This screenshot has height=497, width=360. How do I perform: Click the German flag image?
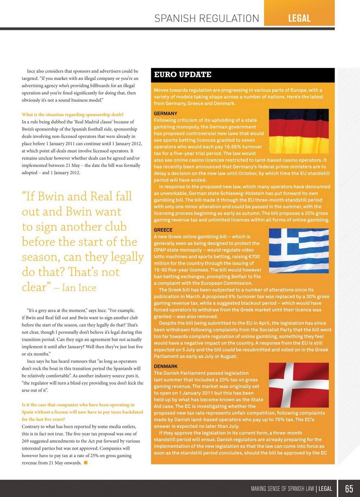(299, 131)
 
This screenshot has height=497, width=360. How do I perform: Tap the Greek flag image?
(299, 250)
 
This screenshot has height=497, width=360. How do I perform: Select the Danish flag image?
(299, 385)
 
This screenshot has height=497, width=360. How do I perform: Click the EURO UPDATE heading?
(183, 75)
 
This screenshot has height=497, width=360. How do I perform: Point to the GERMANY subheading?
(166, 113)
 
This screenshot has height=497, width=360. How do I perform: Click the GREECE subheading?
(163, 230)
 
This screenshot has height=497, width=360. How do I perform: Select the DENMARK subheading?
(166, 366)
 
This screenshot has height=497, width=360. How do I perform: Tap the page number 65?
(349, 488)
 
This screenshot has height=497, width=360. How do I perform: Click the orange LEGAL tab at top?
(299, 18)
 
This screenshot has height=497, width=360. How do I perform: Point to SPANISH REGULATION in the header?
(207, 18)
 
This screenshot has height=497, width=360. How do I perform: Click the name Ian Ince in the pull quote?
(79, 288)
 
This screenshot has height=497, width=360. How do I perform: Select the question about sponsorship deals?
(73, 115)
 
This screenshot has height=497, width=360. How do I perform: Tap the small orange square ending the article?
(86, 463)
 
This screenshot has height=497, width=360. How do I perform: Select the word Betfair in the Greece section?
(243, 276)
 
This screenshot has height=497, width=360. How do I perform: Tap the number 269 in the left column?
(27, 441)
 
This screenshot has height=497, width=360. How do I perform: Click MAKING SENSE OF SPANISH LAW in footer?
(283, 489)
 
